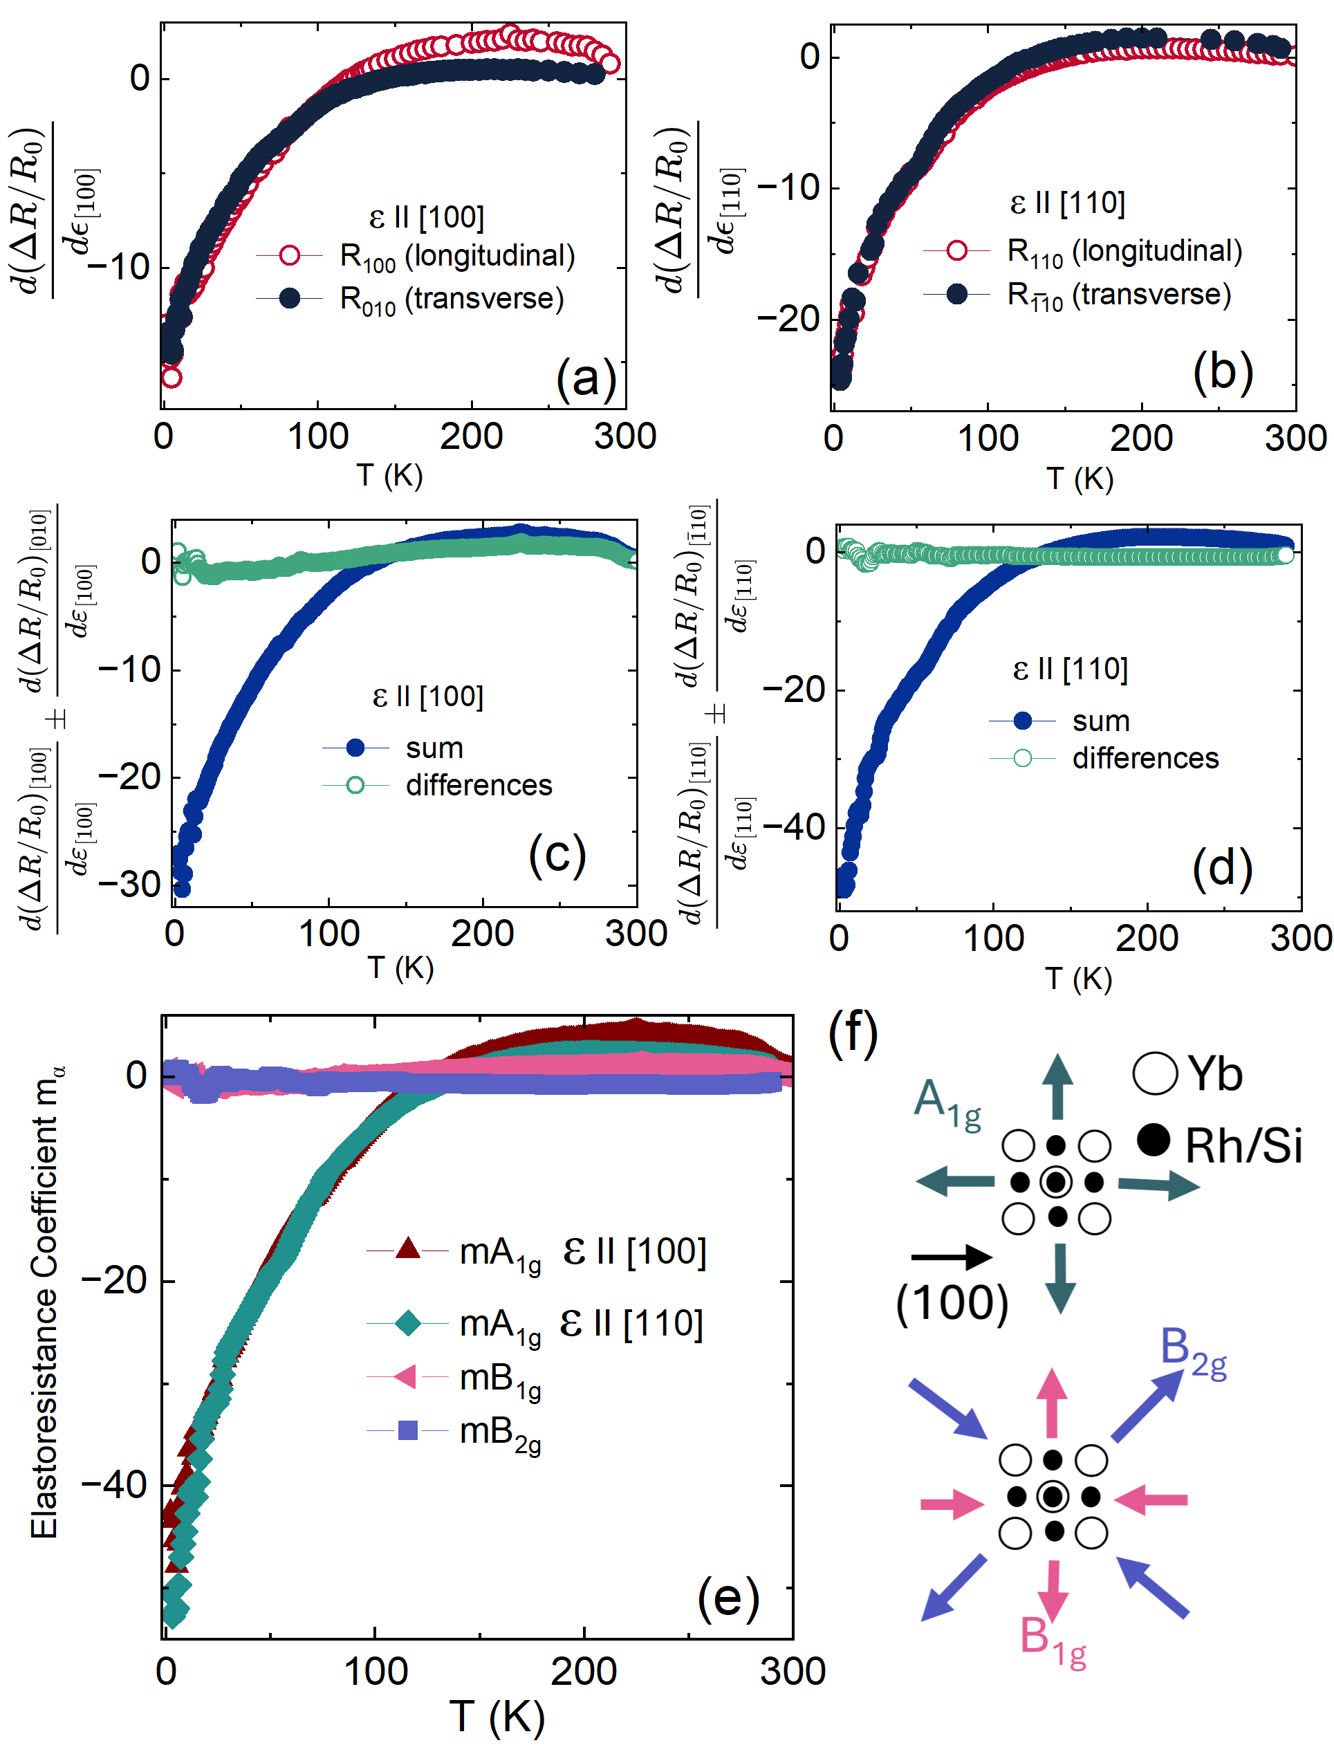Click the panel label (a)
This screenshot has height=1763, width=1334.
586,377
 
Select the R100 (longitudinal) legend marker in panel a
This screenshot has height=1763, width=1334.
289,255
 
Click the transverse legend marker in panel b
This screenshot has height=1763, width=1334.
956,294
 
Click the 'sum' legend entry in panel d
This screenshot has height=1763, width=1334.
1100,721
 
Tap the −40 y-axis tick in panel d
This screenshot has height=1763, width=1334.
794,827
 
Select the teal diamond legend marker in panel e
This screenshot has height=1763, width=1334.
407,1323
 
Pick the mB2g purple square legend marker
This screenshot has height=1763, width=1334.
407,1430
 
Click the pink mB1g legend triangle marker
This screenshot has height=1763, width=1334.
406,1376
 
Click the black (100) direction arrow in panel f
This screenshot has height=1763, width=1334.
951,1257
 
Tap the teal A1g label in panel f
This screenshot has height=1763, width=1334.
946,1102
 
